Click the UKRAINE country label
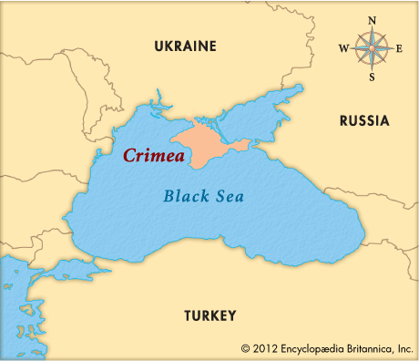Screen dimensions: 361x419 (x=185, y=46)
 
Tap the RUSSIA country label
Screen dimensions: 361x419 (x=363, y=120)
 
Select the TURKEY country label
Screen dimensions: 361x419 (x=210, y=315)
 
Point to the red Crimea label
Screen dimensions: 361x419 (x=154, y=156)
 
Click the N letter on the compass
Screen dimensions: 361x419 (x=371, y=19)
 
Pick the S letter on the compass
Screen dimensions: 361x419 (x=371, y=77)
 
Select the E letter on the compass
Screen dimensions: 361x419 (x=399, y=48)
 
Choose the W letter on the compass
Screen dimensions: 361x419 (x=342, y=48)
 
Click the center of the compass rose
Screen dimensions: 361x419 (x=371, y=48)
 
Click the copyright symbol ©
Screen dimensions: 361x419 (x=246, y=348)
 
